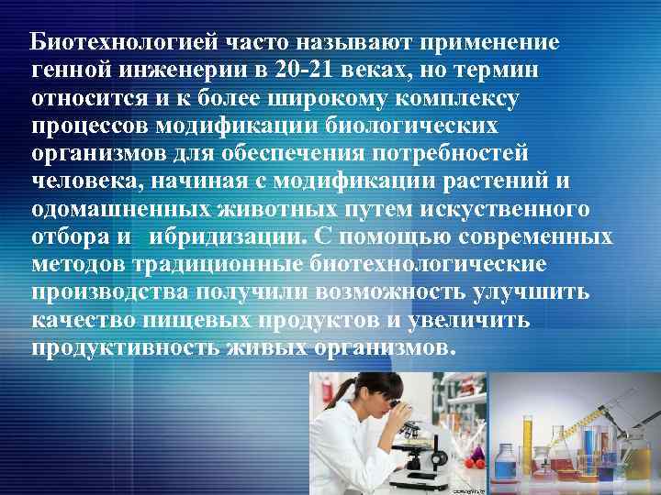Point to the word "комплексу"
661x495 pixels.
[x=467, y=95]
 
